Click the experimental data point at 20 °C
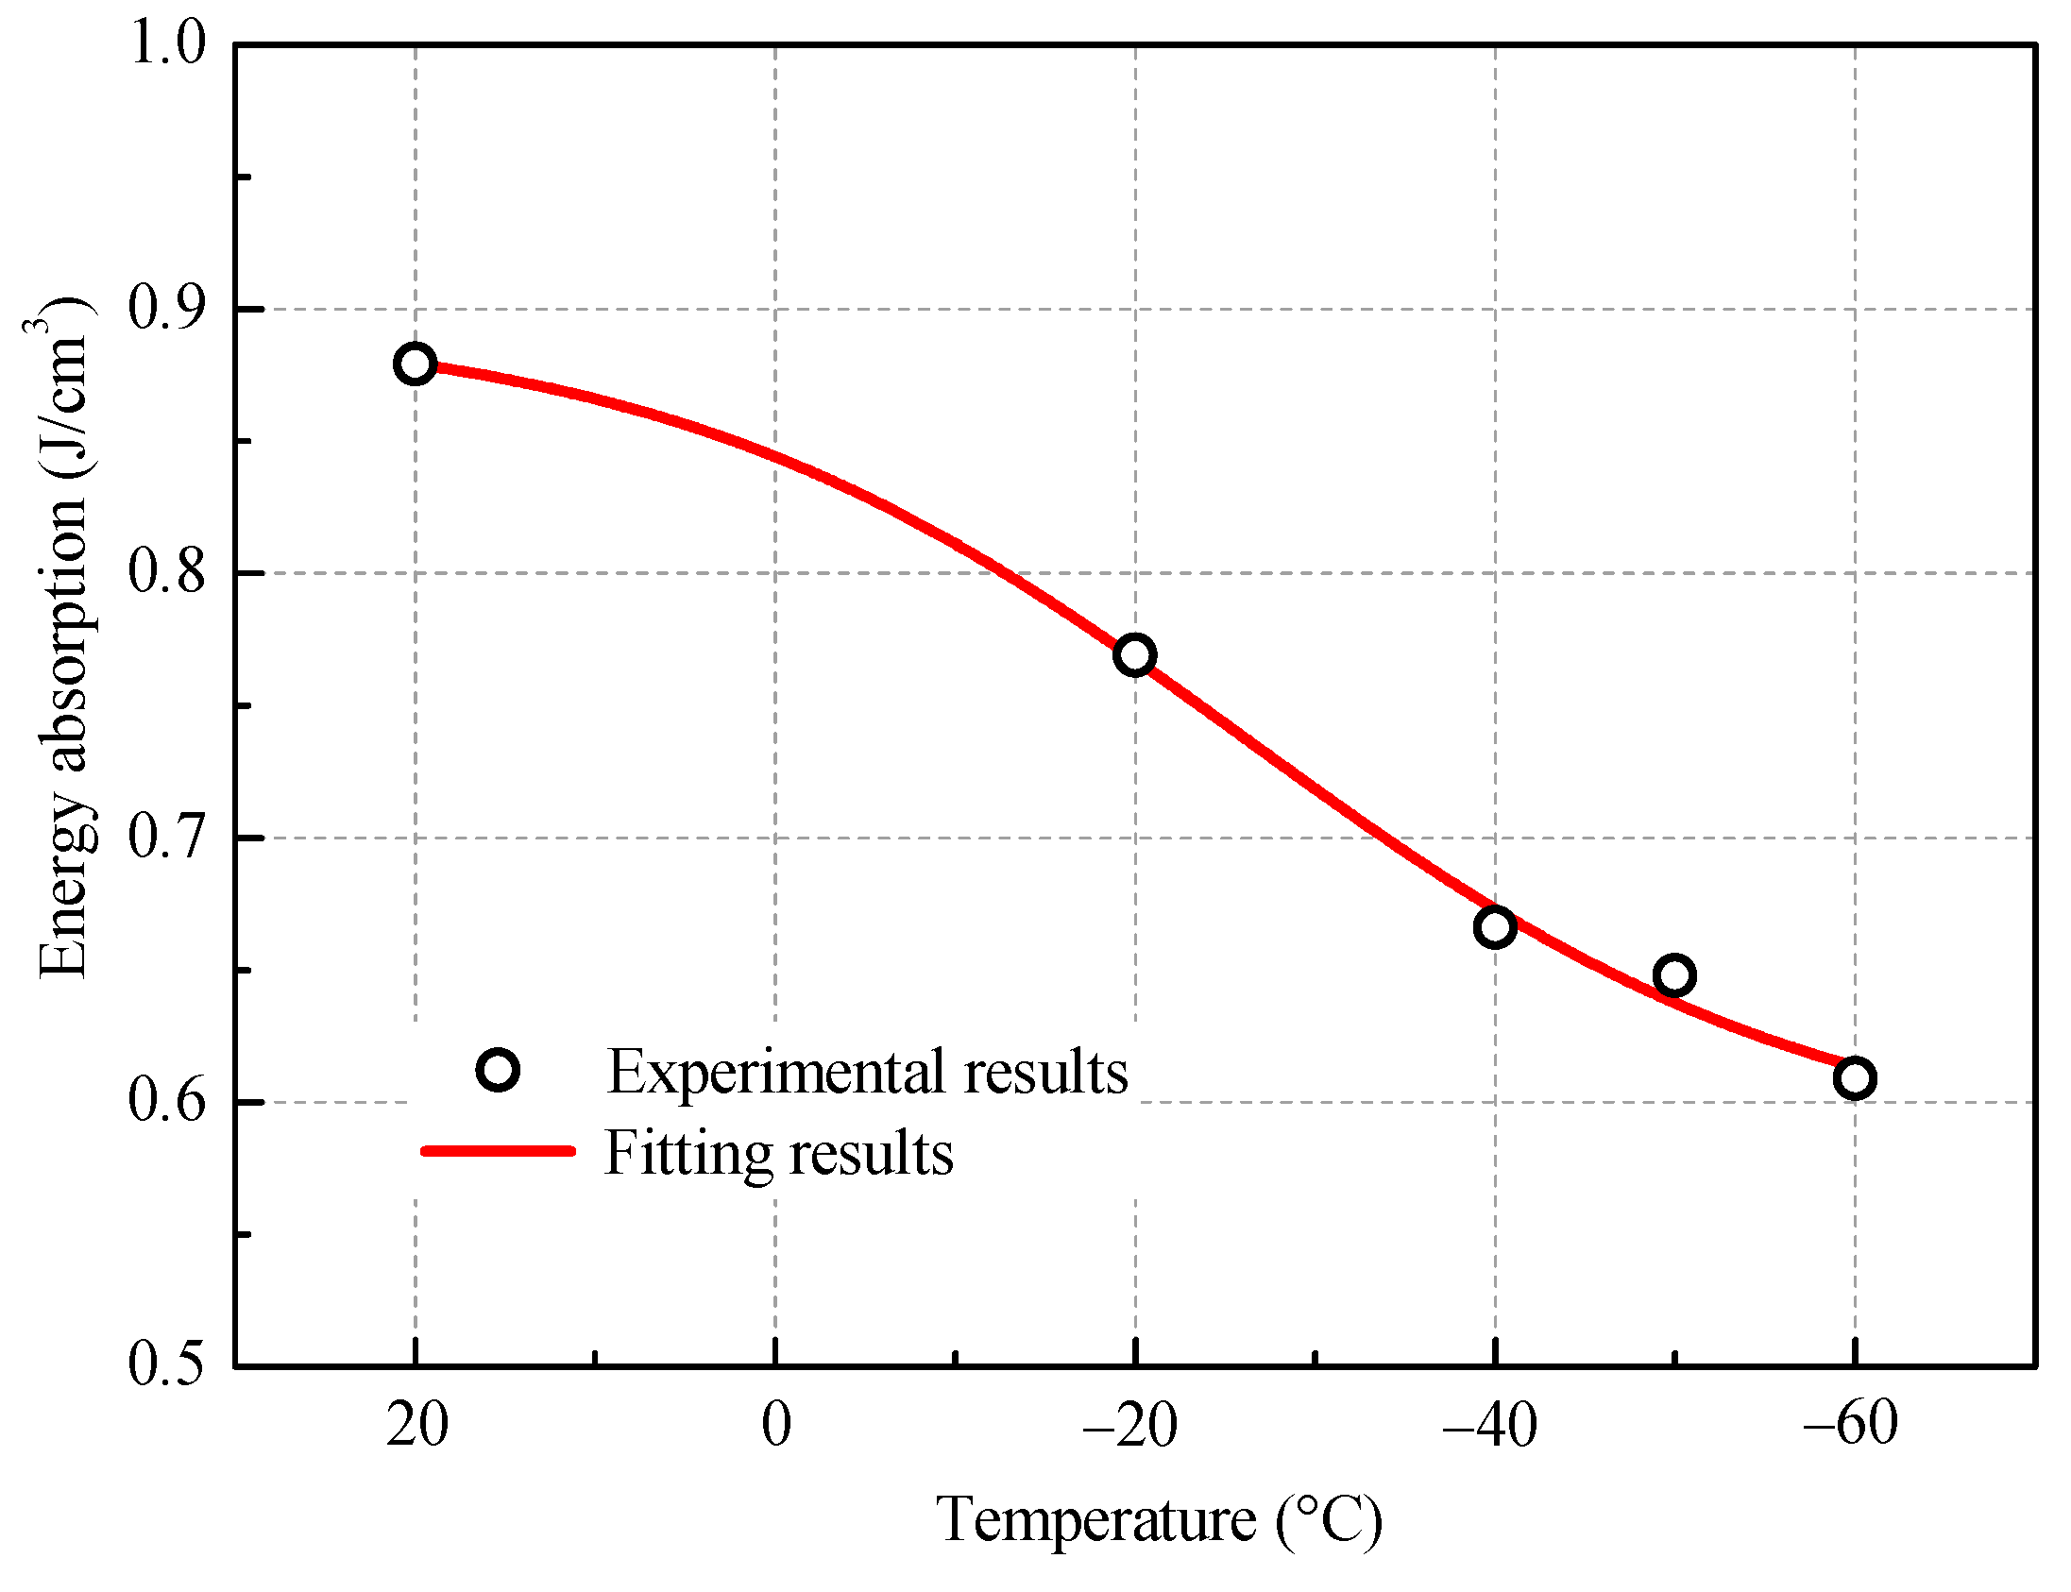pos(415,364)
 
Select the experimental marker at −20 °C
pos(1134,654)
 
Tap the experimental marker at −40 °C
pos(1495,926)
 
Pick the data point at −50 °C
pos(1674,975)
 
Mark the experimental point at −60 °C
pos(1855,1078)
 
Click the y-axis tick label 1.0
pos(167,43)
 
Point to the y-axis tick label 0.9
pos(167,309)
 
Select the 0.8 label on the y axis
pos(167,573)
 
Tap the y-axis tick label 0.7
pos(167,838)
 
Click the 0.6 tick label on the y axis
pos(167,1103)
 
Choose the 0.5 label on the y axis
pos(167,1365)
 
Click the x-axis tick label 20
pos(416,1424)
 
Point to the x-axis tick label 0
pos(776,1424)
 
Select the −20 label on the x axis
pos(1129,1424)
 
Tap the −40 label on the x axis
pos(1489,1424)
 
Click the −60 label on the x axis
pos(1850,1424)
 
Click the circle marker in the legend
pos(498,1071)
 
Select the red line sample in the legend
pos(498,1151)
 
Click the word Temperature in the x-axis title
pos(1095,1521)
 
